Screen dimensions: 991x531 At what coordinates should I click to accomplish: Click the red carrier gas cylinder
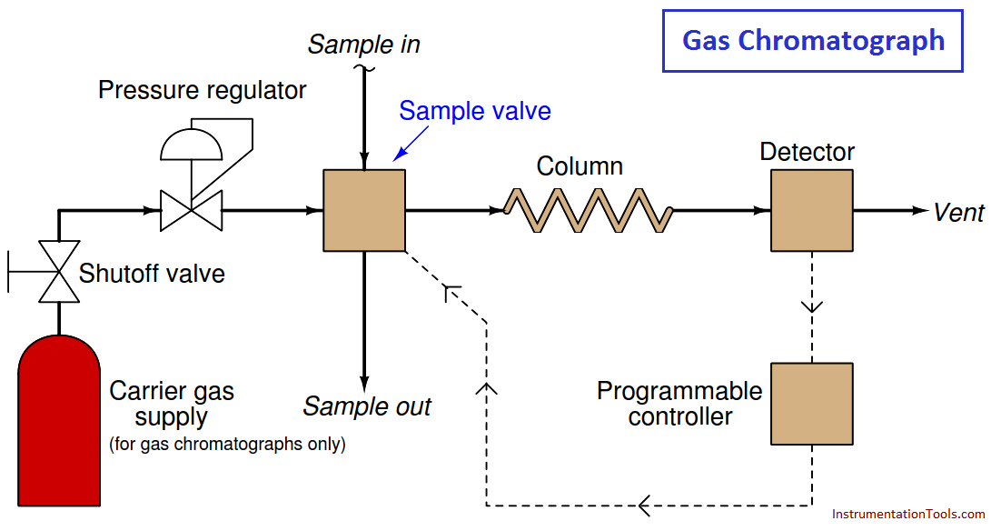[59, 421]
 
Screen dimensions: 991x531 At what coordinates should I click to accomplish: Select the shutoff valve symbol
[59, 272]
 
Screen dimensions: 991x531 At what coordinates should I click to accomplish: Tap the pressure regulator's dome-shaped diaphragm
[192, 145]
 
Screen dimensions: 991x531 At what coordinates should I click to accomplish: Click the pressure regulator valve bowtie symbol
[191, 210]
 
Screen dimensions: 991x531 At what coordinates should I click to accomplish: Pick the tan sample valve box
[364, 210]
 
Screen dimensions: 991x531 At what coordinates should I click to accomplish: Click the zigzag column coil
[588, 210]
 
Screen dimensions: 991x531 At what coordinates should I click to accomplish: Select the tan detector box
[811, 210]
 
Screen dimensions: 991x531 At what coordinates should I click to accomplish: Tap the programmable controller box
[811, 404]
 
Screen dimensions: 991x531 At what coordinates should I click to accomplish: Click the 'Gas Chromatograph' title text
[813, 41]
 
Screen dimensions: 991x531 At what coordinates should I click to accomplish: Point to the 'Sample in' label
[364, 45]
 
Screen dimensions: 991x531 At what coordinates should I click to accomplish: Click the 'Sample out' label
[367, 406]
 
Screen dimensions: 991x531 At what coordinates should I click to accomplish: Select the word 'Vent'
[959, 213]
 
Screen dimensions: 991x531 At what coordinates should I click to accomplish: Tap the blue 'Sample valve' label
[475, 111]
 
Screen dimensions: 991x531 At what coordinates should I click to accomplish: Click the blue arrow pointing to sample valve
[411, 144]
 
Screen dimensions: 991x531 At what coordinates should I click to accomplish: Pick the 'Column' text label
[580, 166]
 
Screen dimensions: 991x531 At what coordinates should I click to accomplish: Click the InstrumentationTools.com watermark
[908, 514]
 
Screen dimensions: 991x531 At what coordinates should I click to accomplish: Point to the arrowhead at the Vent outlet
[920, 210]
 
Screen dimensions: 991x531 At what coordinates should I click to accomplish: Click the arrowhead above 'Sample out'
[364, 384]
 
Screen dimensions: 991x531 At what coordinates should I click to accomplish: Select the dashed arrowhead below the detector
[811, 307]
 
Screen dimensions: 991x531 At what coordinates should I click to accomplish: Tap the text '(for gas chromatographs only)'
[227, 444]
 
